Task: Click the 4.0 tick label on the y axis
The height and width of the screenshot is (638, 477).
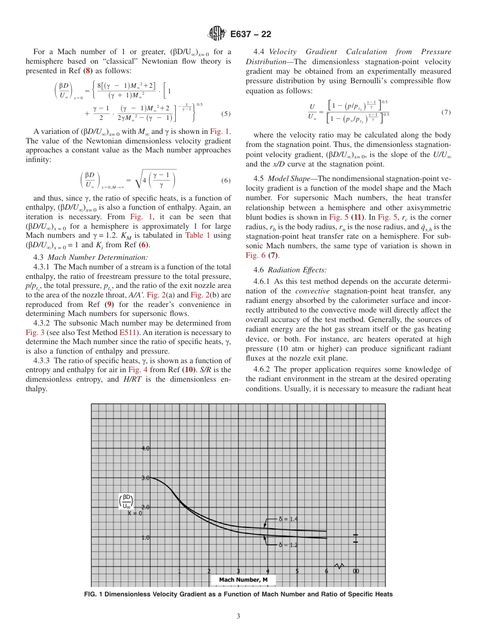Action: (x=145, y=448)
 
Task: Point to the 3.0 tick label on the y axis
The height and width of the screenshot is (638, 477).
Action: (x=145, y=478)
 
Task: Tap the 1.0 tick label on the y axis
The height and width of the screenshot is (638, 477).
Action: (x=145, y=537)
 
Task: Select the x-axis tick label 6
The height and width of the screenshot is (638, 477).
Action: (x=326, y=571)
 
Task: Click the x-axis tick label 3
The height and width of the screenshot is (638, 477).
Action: (x=238, y=571)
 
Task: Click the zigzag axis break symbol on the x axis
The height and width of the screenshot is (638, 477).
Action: (x=339, y=566)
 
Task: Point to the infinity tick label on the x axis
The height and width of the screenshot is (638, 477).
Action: (x=355, y=571)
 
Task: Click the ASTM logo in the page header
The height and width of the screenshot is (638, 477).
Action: (x=216, y=34)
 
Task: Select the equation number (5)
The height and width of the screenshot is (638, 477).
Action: (x=226, y=114)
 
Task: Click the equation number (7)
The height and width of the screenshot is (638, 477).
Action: (x=446, y=112)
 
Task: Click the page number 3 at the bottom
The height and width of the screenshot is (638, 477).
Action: (x=238, y=616)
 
